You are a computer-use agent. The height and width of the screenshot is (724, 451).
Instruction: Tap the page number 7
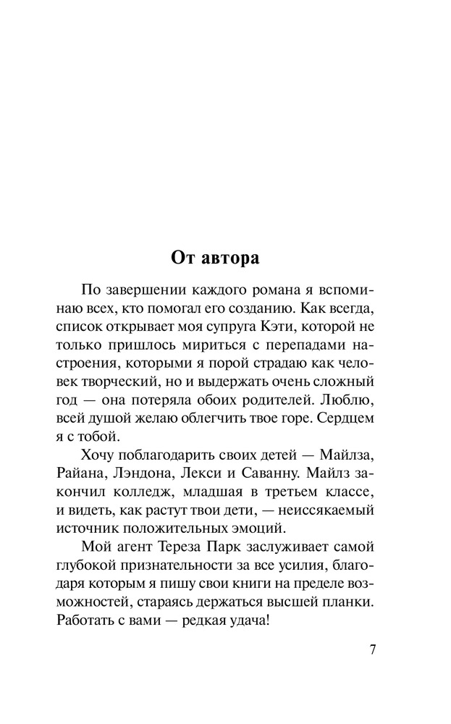coord(374,649)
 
